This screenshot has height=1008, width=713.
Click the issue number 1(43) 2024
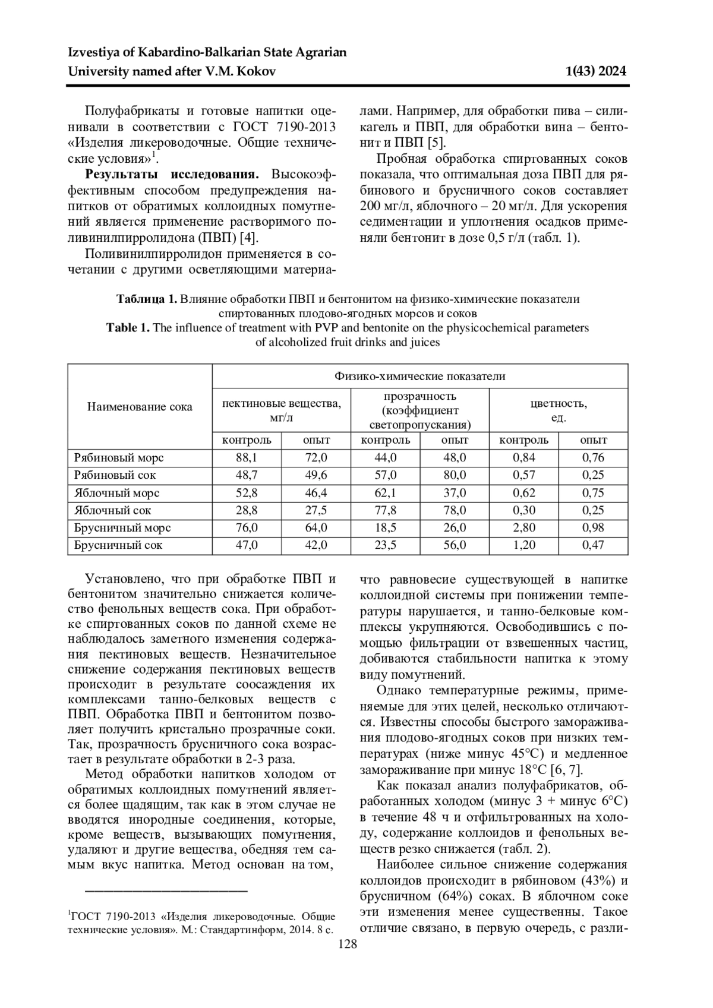pos(596,72)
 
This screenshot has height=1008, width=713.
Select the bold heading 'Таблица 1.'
pos(147,299)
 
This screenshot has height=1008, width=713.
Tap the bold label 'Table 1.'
pos(128,328)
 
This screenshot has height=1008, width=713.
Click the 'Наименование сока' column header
pos(140,407)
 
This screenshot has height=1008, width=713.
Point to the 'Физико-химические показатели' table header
pos(419,376)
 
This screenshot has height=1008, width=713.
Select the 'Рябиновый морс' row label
pos(119,458)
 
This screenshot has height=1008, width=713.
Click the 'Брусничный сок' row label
pos(118,545)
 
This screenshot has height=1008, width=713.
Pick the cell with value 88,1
pos(247,458)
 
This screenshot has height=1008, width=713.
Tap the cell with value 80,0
pos(455,475)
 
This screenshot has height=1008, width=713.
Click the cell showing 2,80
pos(524,527)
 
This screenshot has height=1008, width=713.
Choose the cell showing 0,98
pos(593,527)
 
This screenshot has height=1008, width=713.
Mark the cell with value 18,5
pos(386,527)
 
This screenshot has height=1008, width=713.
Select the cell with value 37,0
pos(455,493)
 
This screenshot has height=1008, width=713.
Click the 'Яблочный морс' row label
pos(116,493)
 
